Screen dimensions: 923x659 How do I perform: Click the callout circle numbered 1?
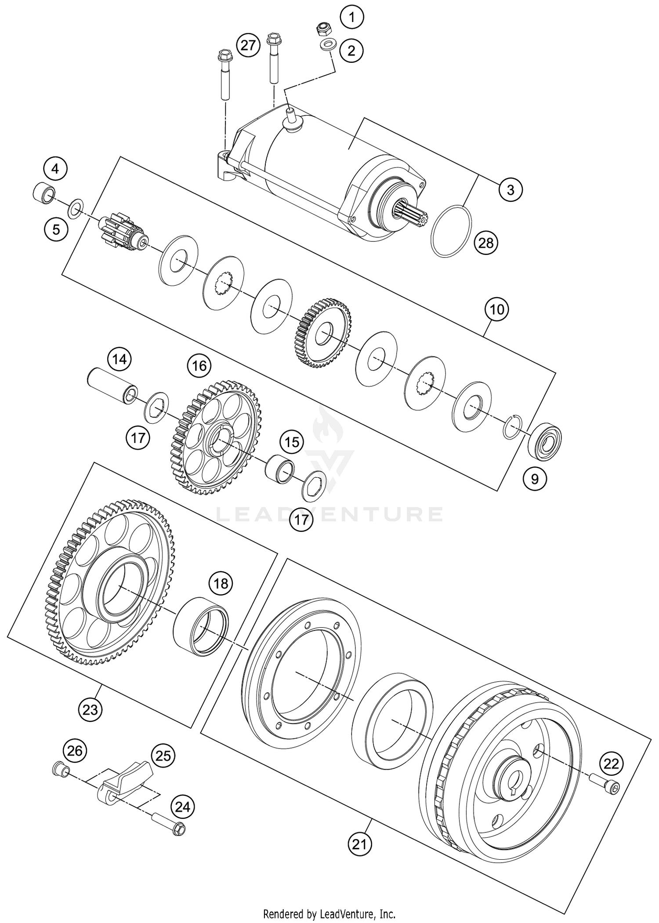click(x=351, y=18)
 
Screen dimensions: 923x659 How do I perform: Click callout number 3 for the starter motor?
click(x=510, y=190)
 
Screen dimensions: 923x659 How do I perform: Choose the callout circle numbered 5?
click(x=56, y=229)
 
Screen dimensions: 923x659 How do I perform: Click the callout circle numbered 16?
click(x=199, y=366)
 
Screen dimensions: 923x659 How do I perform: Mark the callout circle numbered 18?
click(x=221, y=583)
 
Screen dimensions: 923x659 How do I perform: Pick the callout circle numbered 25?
click(x=163, y=756)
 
